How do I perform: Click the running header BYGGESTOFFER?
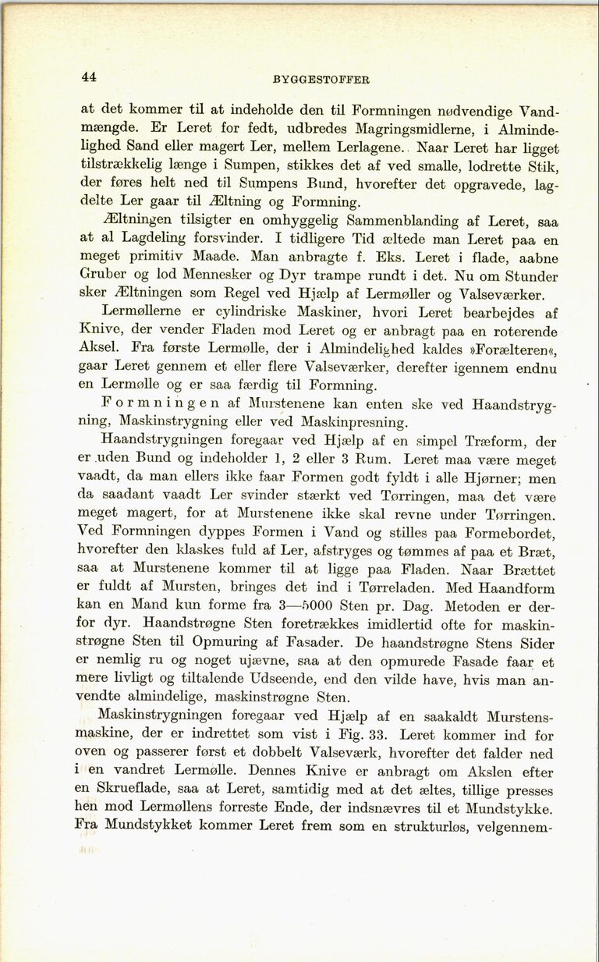tap(321, 79)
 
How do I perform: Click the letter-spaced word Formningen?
tap(157, 405)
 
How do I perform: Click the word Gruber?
tap(108, 275)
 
